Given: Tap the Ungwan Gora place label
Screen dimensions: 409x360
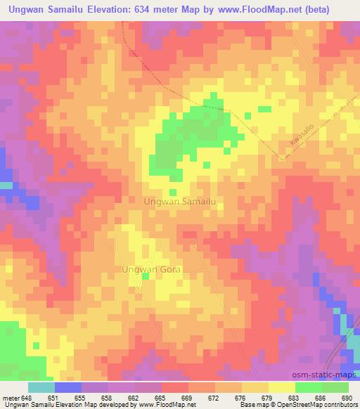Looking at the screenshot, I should coord(152,269).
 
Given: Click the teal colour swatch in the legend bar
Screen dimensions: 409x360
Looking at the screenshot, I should coord(41,387).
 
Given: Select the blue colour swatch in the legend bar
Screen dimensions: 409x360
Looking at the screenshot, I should coord(68,387).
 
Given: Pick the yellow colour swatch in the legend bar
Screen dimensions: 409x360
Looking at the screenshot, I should coord(282,387).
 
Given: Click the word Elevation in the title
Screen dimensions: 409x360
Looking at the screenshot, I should coord(119,8).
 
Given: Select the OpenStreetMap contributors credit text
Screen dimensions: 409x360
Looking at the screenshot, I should coord(318,404).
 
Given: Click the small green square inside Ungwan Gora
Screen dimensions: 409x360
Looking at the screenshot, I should coord(146,276).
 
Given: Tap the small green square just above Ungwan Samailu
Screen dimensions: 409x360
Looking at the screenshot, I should coord(172,191).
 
